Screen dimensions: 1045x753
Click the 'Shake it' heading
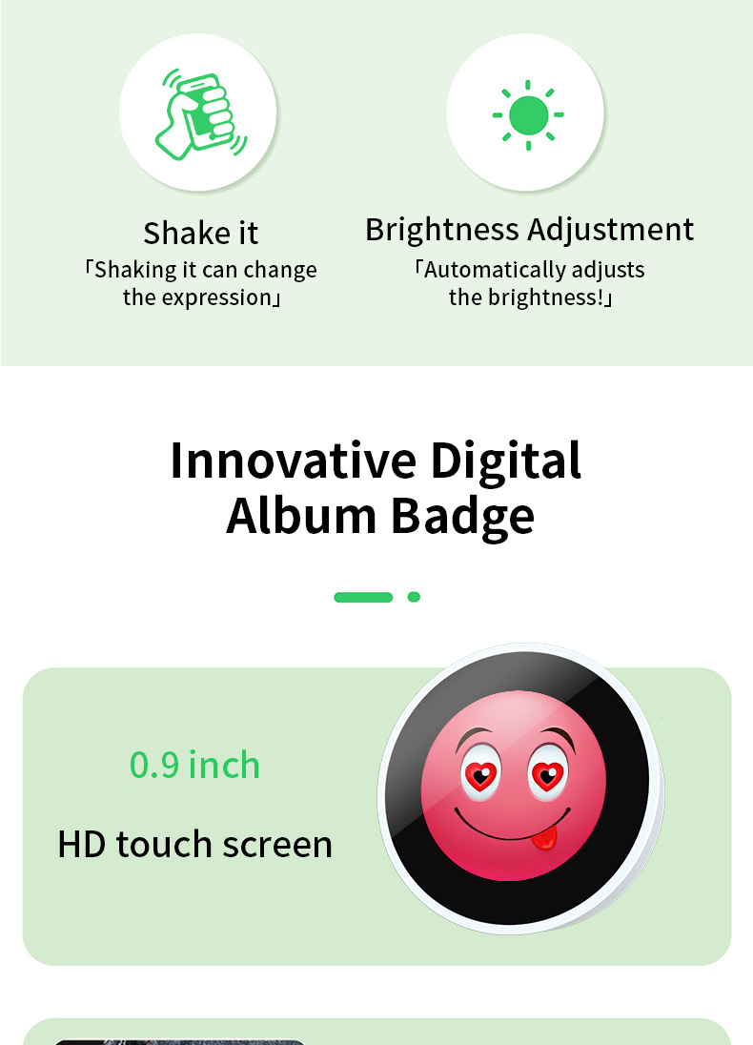coord(201,233)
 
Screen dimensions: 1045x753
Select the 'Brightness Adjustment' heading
coord(529,230)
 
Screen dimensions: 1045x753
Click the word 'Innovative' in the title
coord(293,461)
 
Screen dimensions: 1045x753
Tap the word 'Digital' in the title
coord(505,461)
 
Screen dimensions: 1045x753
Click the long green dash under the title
coord(363,597)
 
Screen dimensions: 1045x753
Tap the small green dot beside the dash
coord(414,597)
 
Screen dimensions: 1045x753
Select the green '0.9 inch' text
coord(194,765)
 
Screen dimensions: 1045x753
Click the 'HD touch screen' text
coord(194,844)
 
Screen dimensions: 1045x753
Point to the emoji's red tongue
coord(544,838)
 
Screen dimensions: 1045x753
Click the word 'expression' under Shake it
coord(216,297)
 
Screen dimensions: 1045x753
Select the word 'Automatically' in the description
coord(494,270)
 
